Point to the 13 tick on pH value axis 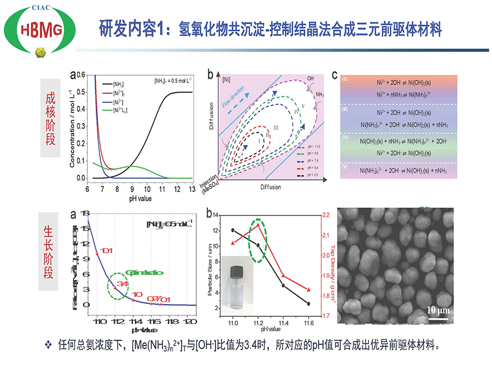click(x=192, y=189)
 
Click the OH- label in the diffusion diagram click(x=311, y=78)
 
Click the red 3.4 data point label click(x=121, y=283)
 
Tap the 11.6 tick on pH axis click(x=309, y=322)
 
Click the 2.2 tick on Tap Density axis click(x=326, y=215)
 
